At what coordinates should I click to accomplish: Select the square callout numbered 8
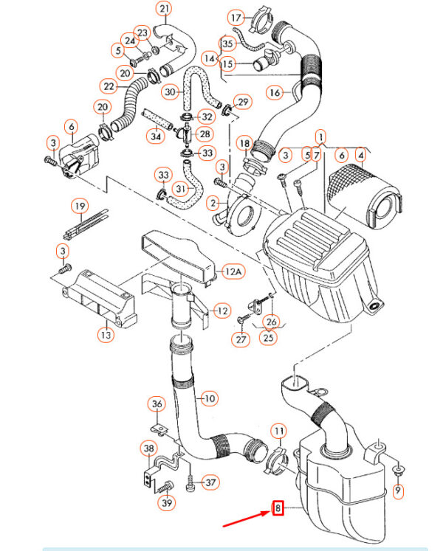click(x=278, y=507)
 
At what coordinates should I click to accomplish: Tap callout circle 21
click(x=164, y=10)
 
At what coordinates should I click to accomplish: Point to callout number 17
click(x=236, y=17)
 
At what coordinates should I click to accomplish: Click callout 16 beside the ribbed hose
click(x=275, y=93)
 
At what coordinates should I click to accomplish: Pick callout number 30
click(x=171, y=92)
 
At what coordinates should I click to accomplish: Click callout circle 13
click(x=107, y=335)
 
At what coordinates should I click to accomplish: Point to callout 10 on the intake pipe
click(x=210, y=399)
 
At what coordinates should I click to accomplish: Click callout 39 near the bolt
click(x=167, y=503)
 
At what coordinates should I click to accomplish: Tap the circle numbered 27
click(x=241, y=340)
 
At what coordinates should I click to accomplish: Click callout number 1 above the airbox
click(x=321, y=137)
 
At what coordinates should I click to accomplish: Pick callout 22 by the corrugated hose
click(x=109, y=86)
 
